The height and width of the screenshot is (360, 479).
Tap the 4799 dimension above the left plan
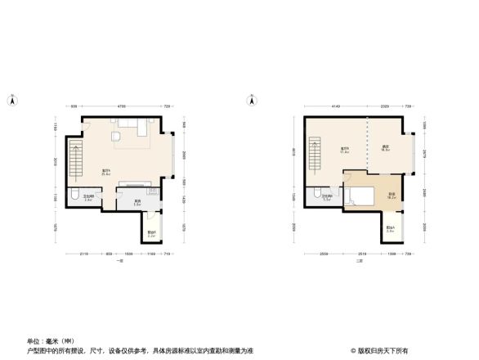(120, 106)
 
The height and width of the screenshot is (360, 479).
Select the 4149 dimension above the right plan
(335, 106)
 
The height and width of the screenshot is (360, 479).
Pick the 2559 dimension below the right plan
(325, 253)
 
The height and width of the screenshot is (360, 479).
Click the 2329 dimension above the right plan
(384, 106)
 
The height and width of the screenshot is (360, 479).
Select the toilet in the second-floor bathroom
(314, 195)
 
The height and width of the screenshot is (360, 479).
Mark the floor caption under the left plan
(119, 259)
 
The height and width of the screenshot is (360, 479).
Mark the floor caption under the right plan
(358, 259)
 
